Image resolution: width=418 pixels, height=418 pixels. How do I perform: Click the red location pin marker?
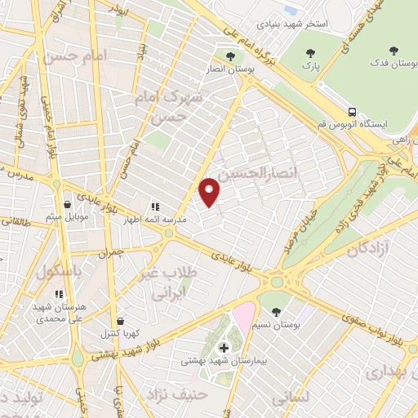[x=210, y=190]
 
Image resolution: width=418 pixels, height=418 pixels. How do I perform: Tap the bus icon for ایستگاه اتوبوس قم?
[x=352, y=111]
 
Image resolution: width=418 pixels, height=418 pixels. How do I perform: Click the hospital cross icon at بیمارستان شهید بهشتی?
[x=225, y=348]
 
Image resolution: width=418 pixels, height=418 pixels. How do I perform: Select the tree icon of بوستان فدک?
[x=394, y=51]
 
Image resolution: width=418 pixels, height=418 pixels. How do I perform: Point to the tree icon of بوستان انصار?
[x=229, y=56]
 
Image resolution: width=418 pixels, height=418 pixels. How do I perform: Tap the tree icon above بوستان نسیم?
[x=277, y=311]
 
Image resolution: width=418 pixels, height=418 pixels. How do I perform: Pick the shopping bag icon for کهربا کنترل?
[x=121, y=321]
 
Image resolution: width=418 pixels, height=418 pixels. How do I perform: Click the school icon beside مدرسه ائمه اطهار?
[x=156, y=207]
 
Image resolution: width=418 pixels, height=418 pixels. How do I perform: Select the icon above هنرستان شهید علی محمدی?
[x=58, y=294]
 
